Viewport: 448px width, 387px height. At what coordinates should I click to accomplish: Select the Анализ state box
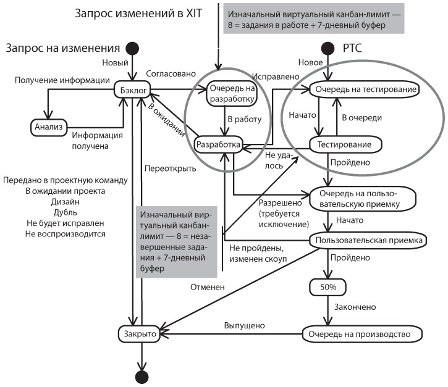click(x=48, y=127)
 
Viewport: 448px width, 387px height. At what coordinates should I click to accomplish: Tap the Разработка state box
click(x=217, y=144)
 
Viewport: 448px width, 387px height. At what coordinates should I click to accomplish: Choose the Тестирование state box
click(x=344, y=144)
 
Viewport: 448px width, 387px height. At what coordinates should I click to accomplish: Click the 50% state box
click(x=327, y=286)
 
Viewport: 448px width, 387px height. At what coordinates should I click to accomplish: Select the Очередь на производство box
click(x=363, y=334)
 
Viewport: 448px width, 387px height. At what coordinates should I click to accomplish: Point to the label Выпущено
click(x=245, y=326)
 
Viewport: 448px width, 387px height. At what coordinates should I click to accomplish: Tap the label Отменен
click(x=207, y=286)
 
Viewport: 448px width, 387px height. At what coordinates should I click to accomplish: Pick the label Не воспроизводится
click(x=66, y=234)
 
